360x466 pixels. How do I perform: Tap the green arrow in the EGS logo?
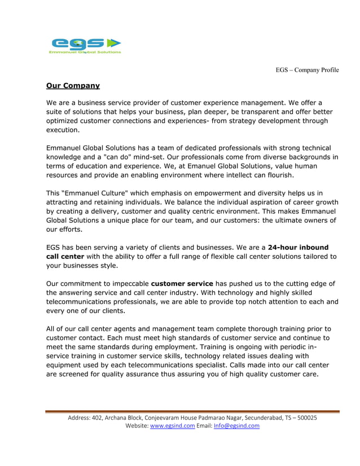(x=114, y=43)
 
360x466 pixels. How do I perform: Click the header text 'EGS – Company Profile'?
(x=307, y=70)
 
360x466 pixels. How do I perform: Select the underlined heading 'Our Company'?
(x=73, y=86)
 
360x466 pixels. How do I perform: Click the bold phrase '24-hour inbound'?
(x=298, y=247)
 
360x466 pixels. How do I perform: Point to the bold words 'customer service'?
(x=182, y=283)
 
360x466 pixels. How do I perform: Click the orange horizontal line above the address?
(x=192, y=411)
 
